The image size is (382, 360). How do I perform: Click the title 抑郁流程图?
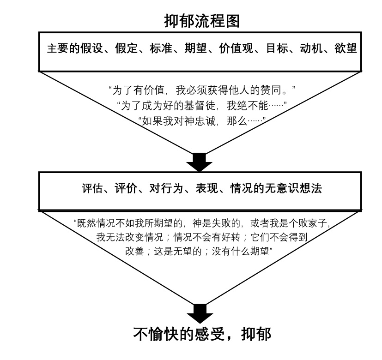(202, 21)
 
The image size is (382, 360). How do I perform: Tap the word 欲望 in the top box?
(346, 48)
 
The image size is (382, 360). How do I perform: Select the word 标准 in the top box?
(161, 48)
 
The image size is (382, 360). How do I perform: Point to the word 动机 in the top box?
(311, 48)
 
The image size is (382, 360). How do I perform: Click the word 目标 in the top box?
(277, 48)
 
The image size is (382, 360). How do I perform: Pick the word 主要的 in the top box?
(64, 48)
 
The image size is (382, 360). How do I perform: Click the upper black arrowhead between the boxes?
(200, 162)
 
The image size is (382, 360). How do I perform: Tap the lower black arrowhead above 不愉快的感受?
(200, 314)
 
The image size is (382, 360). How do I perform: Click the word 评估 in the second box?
(93, 188)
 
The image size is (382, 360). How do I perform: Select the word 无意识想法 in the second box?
(294, 188)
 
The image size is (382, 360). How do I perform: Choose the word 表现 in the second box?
(207, 188)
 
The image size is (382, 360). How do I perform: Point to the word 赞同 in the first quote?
(271, 90)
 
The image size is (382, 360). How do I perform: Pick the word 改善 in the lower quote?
(135, 251)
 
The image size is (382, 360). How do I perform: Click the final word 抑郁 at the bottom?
(256, 334)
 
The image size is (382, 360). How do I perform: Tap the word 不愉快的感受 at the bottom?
(179, 334)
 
